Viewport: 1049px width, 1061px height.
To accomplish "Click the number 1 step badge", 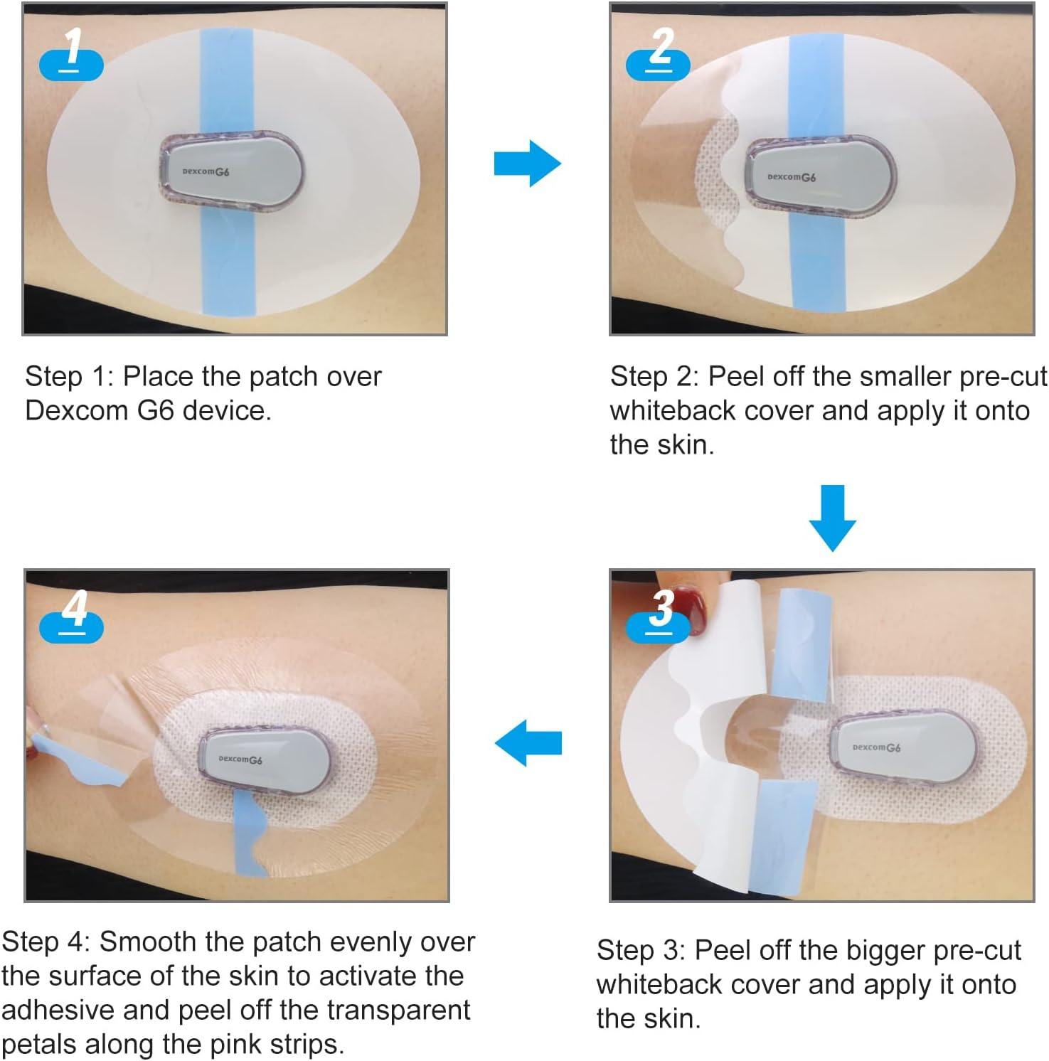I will (71, 55).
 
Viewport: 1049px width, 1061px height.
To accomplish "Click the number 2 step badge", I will (659, 55).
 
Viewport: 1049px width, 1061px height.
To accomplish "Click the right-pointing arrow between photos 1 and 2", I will (527, 164).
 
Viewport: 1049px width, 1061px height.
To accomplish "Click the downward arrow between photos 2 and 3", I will (832, 518).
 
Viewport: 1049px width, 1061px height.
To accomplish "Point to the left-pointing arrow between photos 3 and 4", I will (528, 743).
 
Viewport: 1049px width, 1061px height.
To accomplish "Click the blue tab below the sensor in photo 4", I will (250, 832).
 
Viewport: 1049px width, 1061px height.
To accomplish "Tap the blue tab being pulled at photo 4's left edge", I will (68, 758).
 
